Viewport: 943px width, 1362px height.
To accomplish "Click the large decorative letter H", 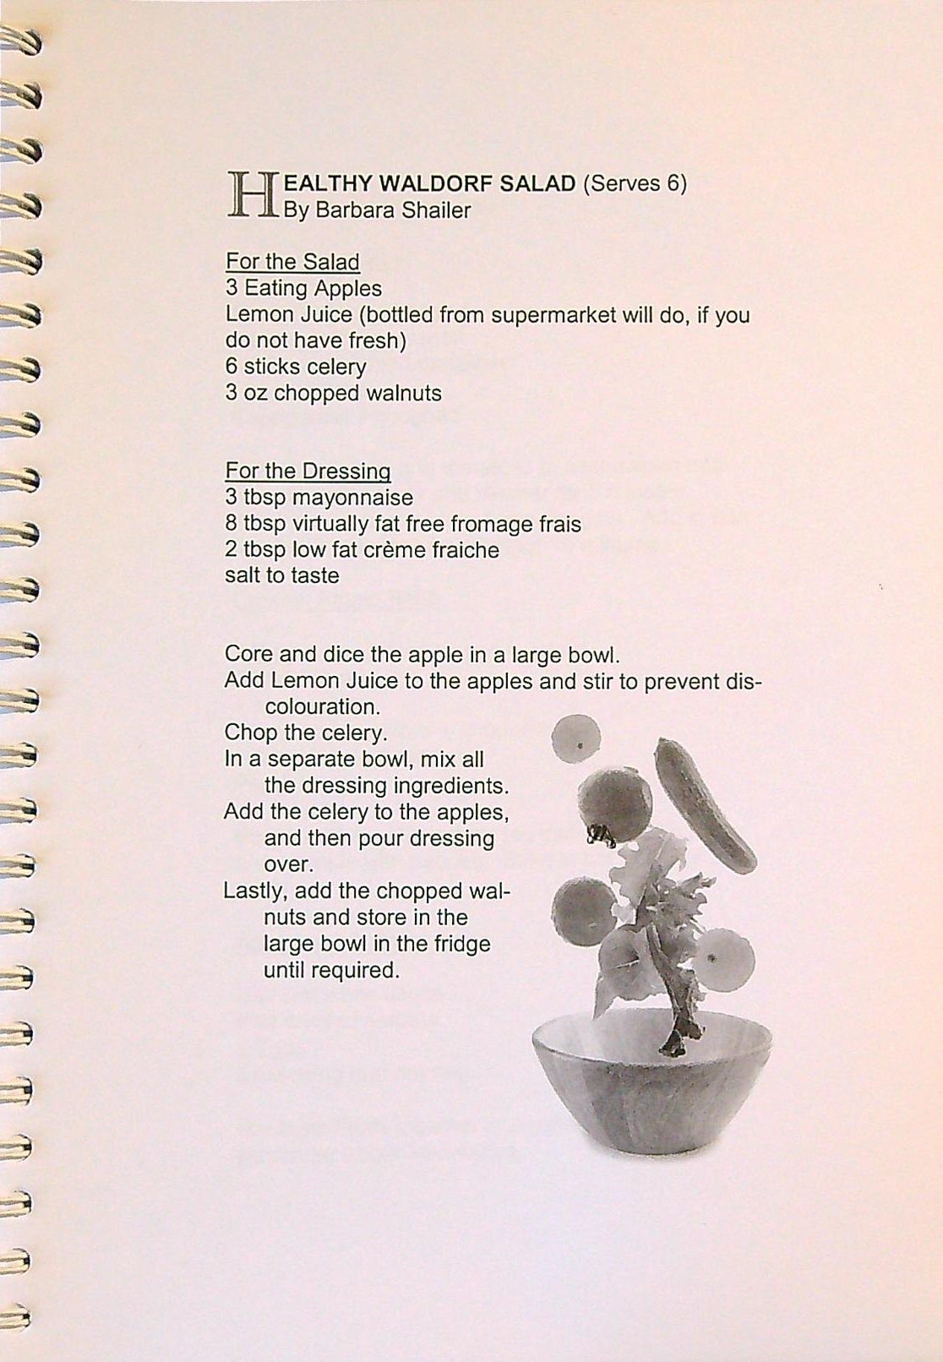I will click(x=253, y=195).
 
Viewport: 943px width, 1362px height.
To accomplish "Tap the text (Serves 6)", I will click(x=634, y=183).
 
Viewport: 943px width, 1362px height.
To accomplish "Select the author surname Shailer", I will click(x=436, y=210).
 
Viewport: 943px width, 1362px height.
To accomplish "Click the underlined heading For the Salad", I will click(x=292, y=262).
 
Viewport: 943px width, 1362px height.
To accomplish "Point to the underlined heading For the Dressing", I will click(x=308, y=471).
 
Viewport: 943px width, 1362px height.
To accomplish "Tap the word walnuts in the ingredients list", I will click(x=403, y=394).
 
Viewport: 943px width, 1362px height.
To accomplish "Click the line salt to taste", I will click(x=281, y=576).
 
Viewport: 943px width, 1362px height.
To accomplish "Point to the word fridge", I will click(x=461, y=944).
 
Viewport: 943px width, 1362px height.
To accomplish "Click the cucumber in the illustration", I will click(x=706, y=804).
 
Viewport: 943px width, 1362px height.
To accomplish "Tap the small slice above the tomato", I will click(x=576, y=738).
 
